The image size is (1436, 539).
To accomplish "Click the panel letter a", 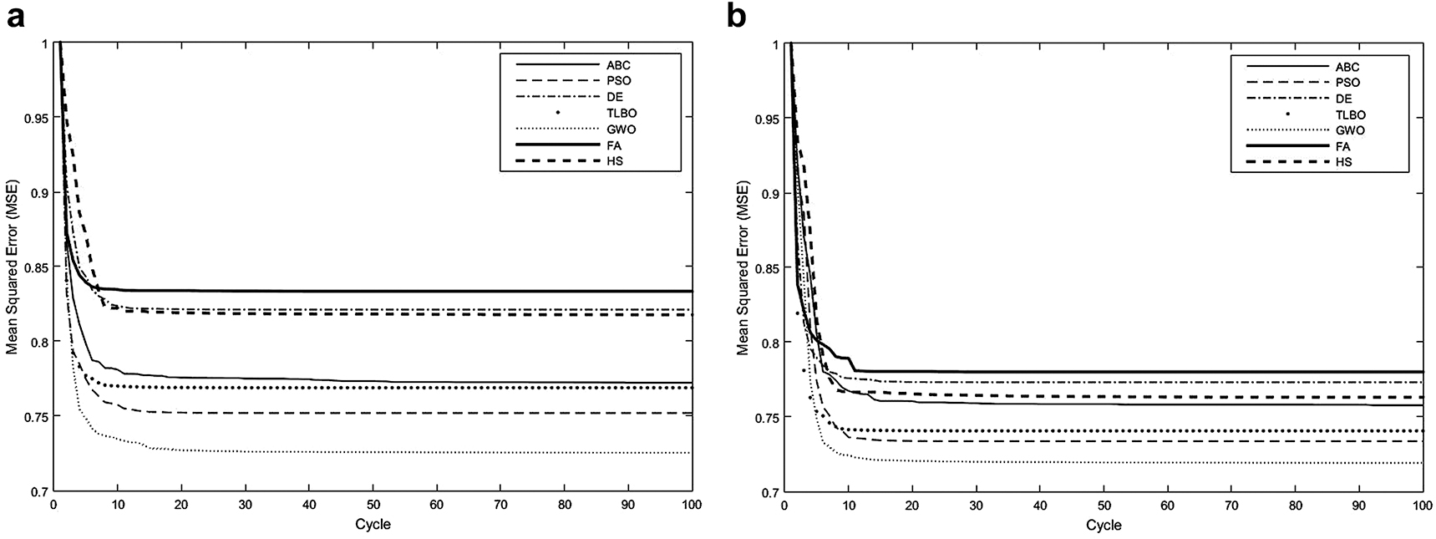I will (14, 18).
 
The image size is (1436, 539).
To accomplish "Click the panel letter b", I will (737, 17).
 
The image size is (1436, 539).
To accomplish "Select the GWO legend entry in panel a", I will (620, 128).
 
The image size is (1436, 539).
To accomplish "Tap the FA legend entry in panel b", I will (1344, 146).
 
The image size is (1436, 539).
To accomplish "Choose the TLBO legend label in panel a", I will (622, 112).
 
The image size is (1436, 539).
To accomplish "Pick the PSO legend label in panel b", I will (1347, 82).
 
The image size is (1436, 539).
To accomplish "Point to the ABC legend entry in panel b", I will (1347, 66).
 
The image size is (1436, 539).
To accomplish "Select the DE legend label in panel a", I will (615, 96).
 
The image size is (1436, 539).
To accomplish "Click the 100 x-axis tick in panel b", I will (1422, 505).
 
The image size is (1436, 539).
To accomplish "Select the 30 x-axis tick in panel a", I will (245, 505).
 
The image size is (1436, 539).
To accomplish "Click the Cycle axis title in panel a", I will (373, 525).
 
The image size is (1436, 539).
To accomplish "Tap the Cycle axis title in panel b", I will (1104, 525).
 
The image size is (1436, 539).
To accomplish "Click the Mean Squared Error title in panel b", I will (743, 267).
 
